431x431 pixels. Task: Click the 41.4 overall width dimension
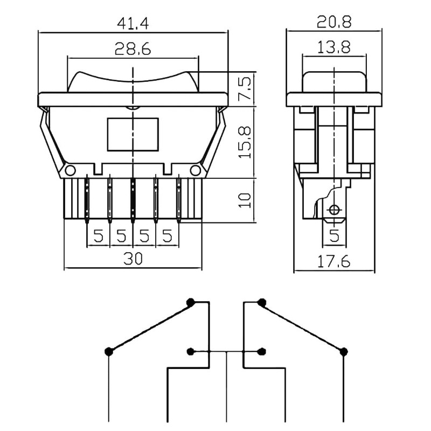pos(133,24)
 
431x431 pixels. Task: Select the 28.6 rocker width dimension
pos(133,49)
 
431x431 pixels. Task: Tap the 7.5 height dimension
pos(245,88)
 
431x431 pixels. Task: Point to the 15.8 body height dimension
pos(245,142)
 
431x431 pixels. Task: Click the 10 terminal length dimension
pos(245,200)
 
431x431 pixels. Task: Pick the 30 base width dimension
pos(133,259)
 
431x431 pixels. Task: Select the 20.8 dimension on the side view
pos(334,22)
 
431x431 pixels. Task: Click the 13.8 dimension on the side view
pos(334,47)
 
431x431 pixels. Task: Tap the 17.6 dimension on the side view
pos(334,261)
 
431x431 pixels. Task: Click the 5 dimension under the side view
pos(334,235)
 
